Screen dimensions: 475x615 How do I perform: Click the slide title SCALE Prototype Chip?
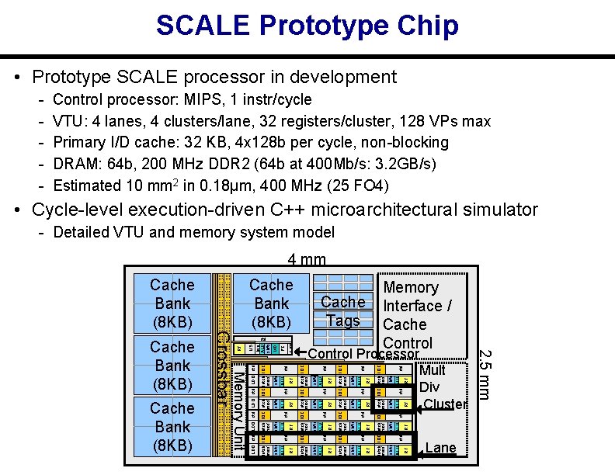[307, 26]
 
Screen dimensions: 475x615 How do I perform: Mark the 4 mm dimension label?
[307, 260]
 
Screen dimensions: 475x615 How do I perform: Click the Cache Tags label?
[342, 311]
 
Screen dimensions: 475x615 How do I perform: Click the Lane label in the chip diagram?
[441, 448]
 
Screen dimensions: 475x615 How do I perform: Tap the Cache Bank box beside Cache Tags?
[271, 303]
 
